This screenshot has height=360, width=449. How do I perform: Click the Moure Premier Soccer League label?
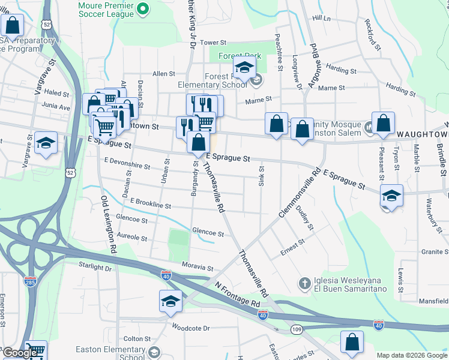pyautogui.click(x=108, y=8)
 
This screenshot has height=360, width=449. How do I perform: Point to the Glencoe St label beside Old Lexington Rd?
pyautogui.click(x=131, y=220)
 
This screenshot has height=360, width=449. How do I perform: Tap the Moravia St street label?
pyautogui.click(x=199, y=267)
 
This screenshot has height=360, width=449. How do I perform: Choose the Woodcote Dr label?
pyautogui.click(x=190, y=328)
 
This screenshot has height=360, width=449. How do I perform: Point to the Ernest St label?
pyautogui.click(x=293, y=247)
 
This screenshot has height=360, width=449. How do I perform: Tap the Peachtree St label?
pyautogui.click(x=279, y=52)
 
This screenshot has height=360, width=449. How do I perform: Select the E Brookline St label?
pyautogui.click(x=150, y=204)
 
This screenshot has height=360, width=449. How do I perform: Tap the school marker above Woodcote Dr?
pyautogui.click(x=170, y=301)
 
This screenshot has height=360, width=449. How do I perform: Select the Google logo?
pyautogui.click(x=19, y=353)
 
